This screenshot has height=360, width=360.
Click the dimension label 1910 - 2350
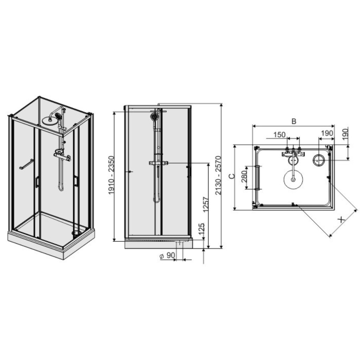[111, 175]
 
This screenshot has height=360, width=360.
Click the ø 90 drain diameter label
[167, 256]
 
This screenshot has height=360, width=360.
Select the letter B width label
[294, 121]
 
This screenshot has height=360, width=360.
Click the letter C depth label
[232, 176]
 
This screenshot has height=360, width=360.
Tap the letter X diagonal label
[342, 220]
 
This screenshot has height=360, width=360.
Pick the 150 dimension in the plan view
[279, 135]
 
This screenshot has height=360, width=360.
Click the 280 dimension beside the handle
[244, 176]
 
